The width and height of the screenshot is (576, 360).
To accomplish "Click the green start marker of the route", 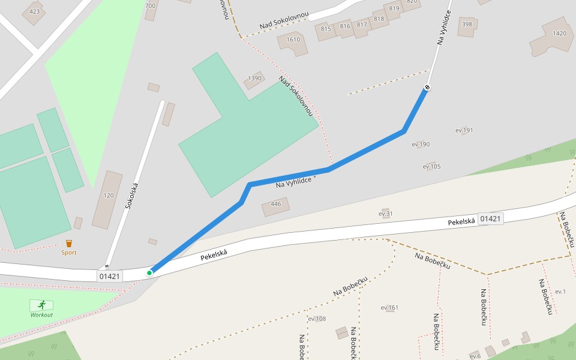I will coord(149,273).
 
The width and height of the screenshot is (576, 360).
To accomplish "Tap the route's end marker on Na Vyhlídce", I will coord(427,88).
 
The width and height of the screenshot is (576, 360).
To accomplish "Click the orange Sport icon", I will coord(69,243).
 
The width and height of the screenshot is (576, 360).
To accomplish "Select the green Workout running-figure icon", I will coord(42,305).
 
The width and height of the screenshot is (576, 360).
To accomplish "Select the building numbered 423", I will coord(34,11).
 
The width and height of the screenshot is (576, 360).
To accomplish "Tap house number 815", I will coord(326,29).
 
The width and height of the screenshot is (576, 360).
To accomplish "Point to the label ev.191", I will coord(464,130).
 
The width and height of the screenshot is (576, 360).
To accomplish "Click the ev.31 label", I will coord(386,214).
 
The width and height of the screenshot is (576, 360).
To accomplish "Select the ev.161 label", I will coord(389,308).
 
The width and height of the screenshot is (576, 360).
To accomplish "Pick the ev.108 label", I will coord(317,319).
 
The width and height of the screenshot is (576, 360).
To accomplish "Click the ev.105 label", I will coord(431,166).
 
